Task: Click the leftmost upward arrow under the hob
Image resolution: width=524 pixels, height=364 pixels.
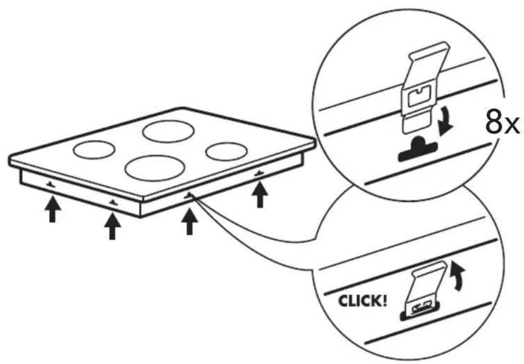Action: point(52,209)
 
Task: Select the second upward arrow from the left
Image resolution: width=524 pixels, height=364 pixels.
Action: point(112,226)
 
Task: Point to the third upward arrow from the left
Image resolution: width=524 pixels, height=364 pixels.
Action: point(189,221)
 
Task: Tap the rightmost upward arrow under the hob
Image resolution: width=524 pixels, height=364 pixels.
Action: point(260,195)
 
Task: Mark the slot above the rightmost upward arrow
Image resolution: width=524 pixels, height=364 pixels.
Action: point(259,173)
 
